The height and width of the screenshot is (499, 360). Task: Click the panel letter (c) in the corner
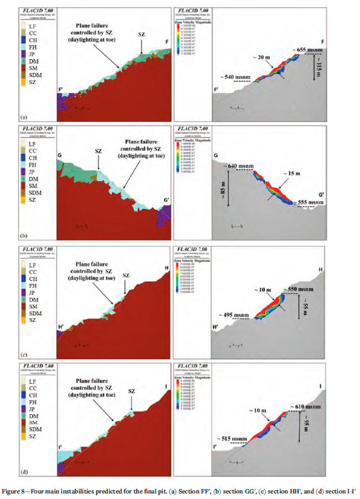23,355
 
